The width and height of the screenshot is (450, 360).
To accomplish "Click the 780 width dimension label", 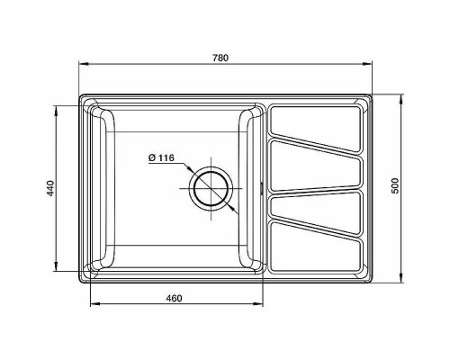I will coord(221,58).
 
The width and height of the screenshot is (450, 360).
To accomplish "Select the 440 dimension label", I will coord(51,188).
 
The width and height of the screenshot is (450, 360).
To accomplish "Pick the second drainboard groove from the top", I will coord(316,163).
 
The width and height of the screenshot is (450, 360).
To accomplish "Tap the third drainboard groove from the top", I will coord(316,202).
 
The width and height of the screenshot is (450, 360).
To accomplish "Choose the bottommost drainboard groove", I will coord(316,246).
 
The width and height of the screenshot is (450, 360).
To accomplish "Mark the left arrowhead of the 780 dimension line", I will coord(82,64).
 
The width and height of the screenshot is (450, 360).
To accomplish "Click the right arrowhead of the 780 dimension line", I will coord(372,64).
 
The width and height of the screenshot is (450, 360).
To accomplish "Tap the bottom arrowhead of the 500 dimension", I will coord(403,281).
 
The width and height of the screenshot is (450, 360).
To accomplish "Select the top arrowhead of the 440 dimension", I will coord(60,109).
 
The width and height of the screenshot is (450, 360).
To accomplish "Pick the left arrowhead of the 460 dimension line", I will coord(94,304).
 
